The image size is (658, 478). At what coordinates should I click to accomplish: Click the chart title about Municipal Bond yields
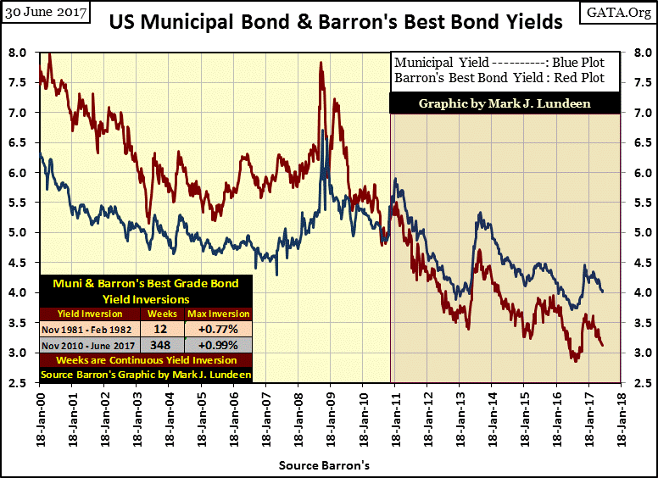pos(336,22)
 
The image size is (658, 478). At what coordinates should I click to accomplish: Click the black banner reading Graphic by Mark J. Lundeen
pos(504,103)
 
